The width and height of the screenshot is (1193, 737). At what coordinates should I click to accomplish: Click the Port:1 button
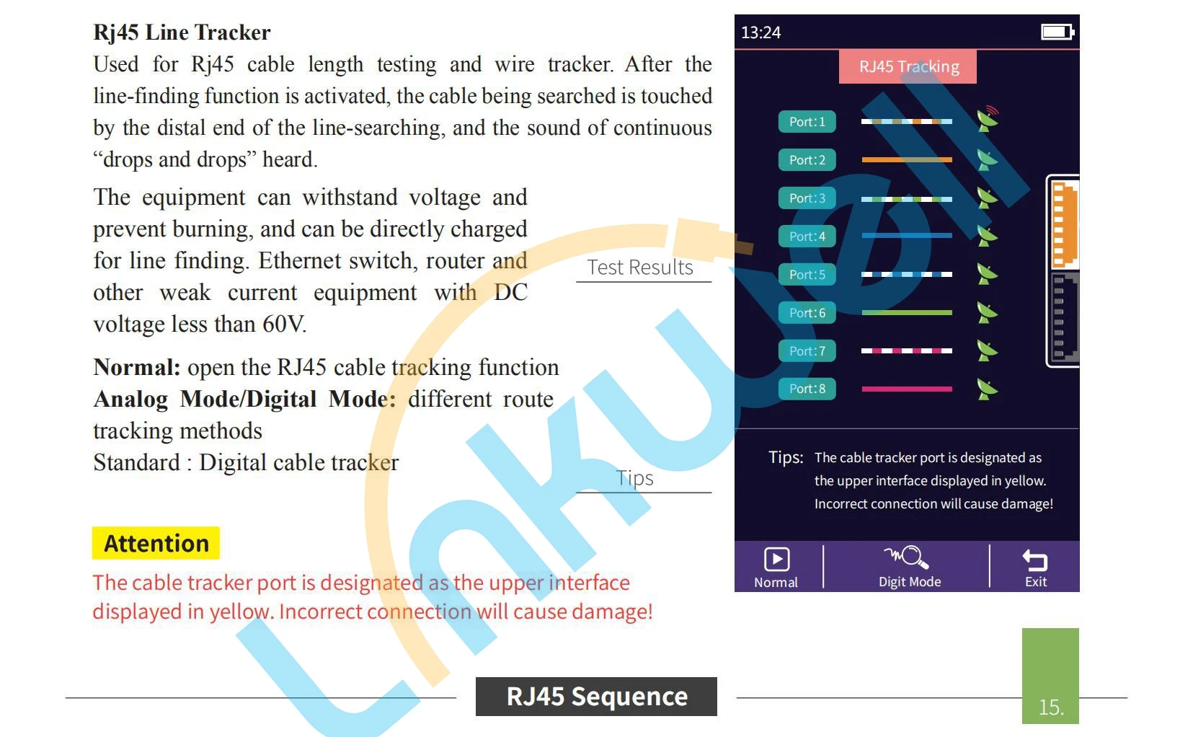click(807, 122)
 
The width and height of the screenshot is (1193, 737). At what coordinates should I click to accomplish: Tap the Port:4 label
click(807, 237)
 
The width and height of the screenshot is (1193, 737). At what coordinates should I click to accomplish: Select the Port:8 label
click(807, 389)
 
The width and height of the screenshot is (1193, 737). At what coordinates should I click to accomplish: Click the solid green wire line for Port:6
click(906, 313)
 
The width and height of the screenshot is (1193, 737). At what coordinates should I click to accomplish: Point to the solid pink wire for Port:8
click(906, 389)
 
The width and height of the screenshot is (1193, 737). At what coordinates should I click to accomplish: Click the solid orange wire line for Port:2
click(906, 160)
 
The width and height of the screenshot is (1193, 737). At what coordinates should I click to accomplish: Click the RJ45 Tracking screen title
click(908, 67)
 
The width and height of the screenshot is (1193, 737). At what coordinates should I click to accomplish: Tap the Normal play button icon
click(776, 560)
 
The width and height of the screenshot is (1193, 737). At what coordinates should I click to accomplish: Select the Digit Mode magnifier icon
click(908, 557)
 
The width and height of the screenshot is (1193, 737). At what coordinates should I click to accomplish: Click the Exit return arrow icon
click(1035, 560)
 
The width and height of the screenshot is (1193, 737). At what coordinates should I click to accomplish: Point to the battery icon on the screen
click(1057, 32)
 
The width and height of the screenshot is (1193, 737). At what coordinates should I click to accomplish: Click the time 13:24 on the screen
click(760, 32)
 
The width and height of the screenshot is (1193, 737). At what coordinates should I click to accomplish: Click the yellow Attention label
click(156, 543)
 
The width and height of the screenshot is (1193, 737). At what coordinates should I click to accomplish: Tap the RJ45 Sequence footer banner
click(596, 697)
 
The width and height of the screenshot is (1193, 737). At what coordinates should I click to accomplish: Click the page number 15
click(1050, 707)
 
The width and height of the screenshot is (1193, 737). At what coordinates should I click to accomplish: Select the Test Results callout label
click(640, 268)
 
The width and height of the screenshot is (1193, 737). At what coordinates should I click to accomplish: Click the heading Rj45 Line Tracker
click(182, 32)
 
